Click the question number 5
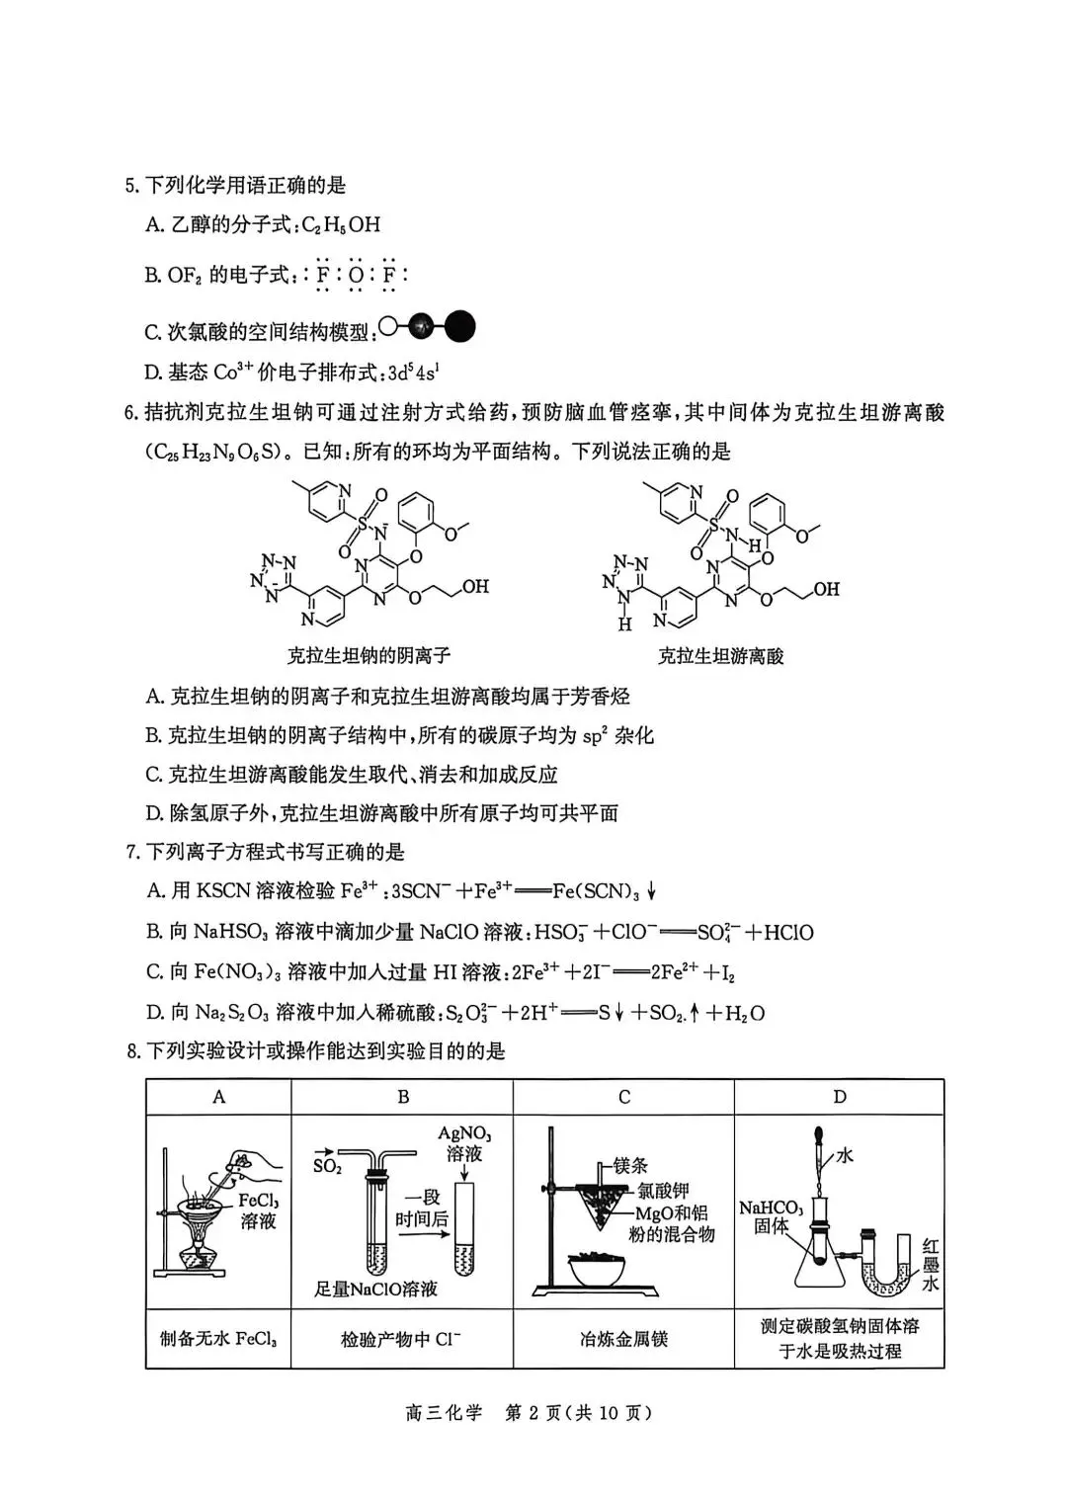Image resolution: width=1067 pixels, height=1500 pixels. pos(130,186)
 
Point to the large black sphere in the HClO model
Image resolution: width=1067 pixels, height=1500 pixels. pos(460,325)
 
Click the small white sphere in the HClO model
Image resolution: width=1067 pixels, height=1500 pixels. pos(388,325)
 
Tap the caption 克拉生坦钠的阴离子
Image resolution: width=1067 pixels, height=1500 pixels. pos(369,655)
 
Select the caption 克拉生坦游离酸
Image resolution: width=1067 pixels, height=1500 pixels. pos(720,656)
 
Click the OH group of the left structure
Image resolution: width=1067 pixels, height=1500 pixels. pos(475,586)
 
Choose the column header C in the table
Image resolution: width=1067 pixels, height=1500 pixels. pos(623,1097)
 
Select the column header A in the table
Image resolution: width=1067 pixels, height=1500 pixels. pos(218,1097)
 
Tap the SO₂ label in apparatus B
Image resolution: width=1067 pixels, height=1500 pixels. pos(327,1166)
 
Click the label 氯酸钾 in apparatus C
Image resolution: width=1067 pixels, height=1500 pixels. pos(663,1192)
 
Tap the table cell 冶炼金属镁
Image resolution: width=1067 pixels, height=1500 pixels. pos(623,1339)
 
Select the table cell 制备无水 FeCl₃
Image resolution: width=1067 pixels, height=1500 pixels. pos(218,1340)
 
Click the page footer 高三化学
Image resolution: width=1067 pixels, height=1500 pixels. pos(444,1413)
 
